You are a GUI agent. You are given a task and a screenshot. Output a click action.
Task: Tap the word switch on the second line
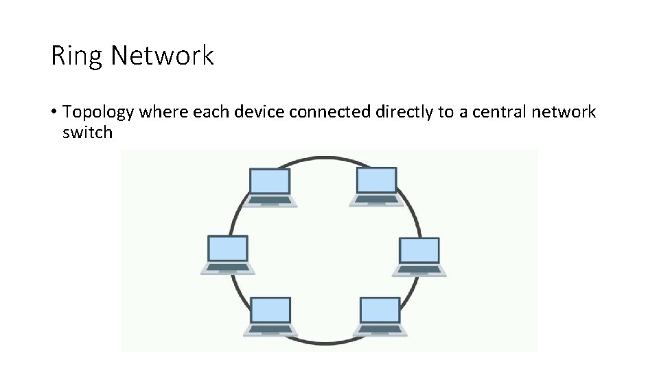(86, 132)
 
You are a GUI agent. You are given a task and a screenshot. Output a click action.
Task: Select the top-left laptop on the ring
(270, 186)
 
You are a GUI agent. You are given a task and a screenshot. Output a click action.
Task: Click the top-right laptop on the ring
(376, 186)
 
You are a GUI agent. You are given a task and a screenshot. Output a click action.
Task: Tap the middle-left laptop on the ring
(227, 255)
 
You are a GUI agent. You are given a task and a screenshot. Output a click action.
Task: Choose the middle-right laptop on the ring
(419, 256)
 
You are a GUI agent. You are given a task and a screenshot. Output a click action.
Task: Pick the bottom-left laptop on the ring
(270, 317)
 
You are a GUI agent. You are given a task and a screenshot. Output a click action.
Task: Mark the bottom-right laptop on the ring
(380, 317)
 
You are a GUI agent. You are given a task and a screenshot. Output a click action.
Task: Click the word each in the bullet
(209, 112)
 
